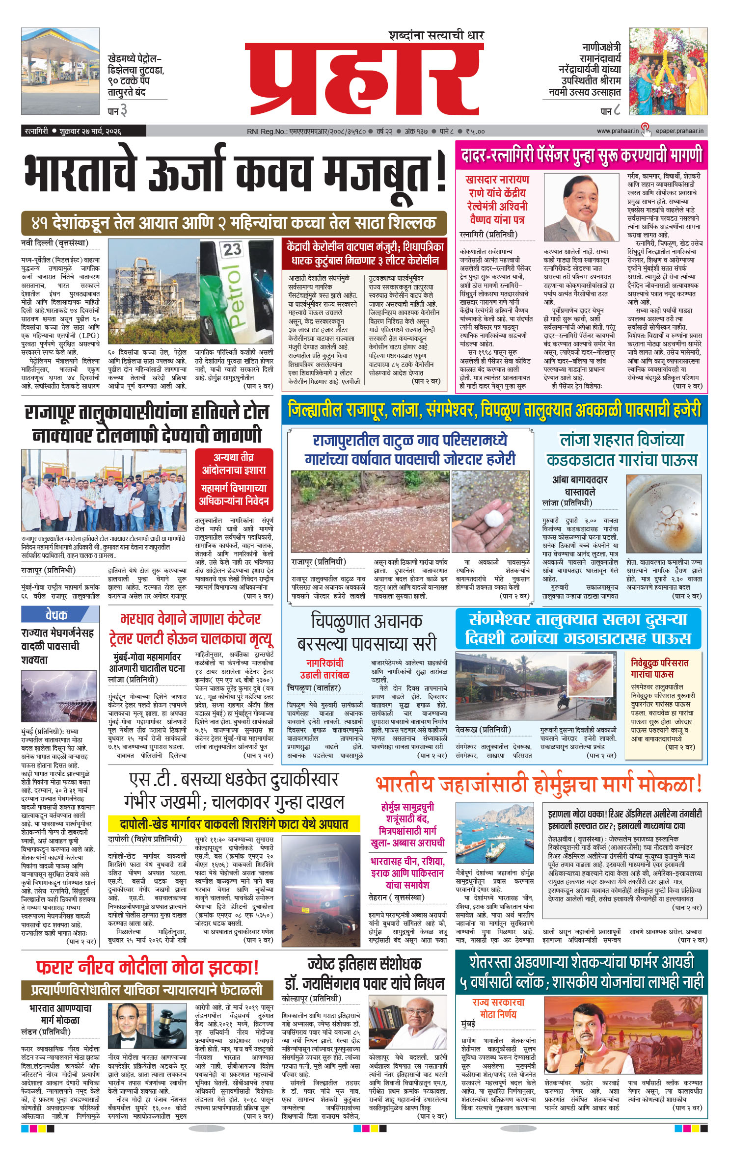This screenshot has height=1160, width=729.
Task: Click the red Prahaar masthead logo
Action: (364, 79)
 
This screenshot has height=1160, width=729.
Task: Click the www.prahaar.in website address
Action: (618, 131)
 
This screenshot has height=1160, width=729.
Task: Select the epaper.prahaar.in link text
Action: (679, 131)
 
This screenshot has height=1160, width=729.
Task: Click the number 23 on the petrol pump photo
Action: (232, 250)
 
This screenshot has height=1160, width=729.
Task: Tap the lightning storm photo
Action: (59, 697)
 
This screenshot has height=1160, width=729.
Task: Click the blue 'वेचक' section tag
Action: (56, 614)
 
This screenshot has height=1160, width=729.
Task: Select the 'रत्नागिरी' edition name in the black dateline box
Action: (36, 131)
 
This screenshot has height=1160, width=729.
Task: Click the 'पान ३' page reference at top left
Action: (117, 111)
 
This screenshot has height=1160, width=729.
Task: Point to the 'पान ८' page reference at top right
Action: (611, 111)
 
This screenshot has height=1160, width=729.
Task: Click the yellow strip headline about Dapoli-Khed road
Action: (234, 823)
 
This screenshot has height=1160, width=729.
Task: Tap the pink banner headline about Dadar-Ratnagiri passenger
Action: (581, 155)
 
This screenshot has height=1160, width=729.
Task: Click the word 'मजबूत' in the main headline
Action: (378, 174)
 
